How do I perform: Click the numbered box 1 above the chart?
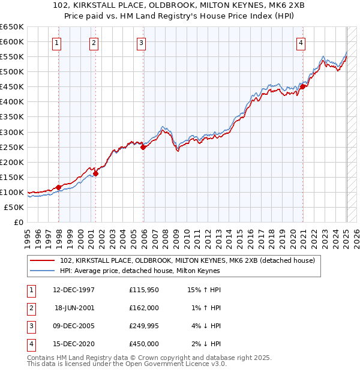pyautogui.click(x=56, y=43)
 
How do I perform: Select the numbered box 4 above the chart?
pyautogui.click(x=300, y=43)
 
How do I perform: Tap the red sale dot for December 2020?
pyautogui.click(x=303, y=86)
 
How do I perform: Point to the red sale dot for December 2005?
pyautogui.click(x=143, y=147)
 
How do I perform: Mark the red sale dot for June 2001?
pyautogui.click(x=95, y=173)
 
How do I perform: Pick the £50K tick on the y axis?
pyautogui.click(x=14, y=207)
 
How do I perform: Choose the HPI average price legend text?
pyautogui.click(x=140, y=271)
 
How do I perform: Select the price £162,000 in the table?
pyautogui.click(x=144, y=308)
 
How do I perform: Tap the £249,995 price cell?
pyautogui.click(x=144, y=326)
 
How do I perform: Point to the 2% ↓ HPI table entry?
pyautogui.click(x=207, y=344)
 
